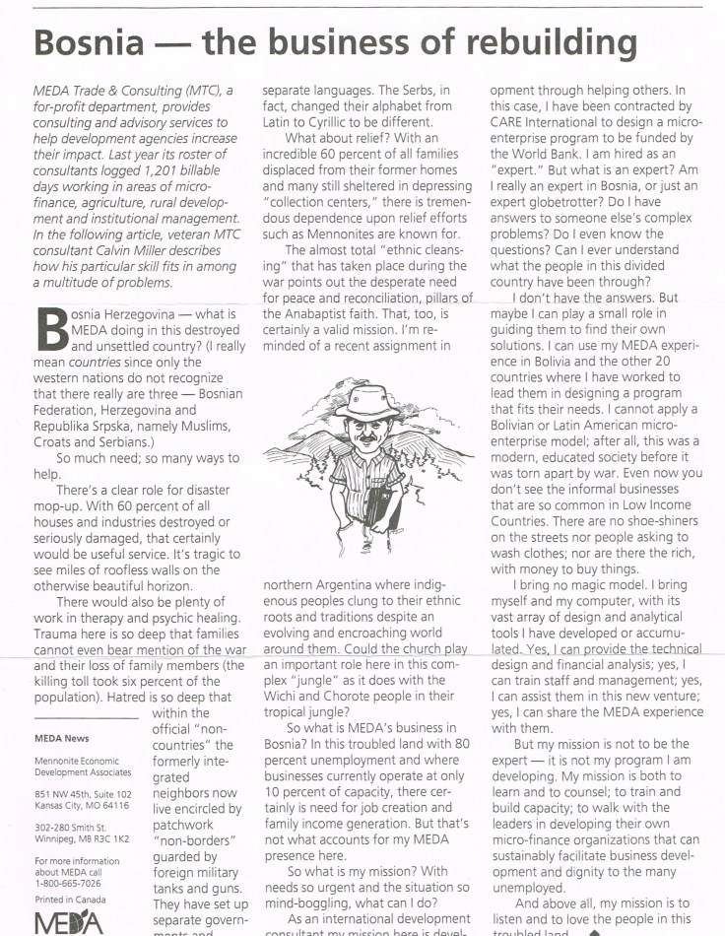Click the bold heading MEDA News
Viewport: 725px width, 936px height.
61,737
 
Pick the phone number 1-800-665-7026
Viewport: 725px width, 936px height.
71,882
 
